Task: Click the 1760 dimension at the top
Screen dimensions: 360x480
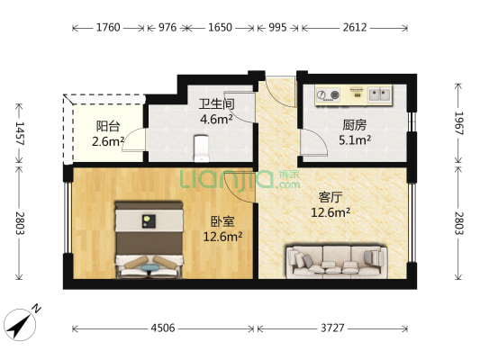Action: coord(108,28)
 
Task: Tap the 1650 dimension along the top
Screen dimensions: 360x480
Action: coord(221,28)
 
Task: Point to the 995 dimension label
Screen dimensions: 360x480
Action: coord(277,28)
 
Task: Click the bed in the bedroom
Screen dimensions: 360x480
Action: coord(148,238)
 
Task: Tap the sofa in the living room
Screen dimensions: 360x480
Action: coord(336,260)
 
